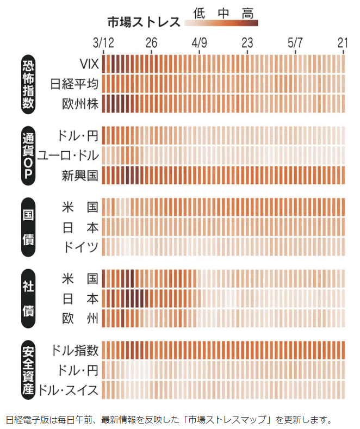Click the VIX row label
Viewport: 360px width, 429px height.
(x=89, y=65)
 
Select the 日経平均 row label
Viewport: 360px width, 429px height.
(x=75, y=84)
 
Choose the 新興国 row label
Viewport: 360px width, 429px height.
(x=79, y=175)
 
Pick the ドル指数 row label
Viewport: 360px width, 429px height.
(x=75, y=350)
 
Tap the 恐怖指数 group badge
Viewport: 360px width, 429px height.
(x=28, y=84)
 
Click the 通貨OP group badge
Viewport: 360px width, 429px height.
(x=28, y=155)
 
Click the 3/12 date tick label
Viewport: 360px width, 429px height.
(x=103, y=42)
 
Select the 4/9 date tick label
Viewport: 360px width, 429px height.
(x=200, y=42)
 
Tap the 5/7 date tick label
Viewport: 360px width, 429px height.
(x=296, y=42)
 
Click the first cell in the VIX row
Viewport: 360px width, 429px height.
(x=105, y=65)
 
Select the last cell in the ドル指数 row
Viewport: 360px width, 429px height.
(x=343, y=350)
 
